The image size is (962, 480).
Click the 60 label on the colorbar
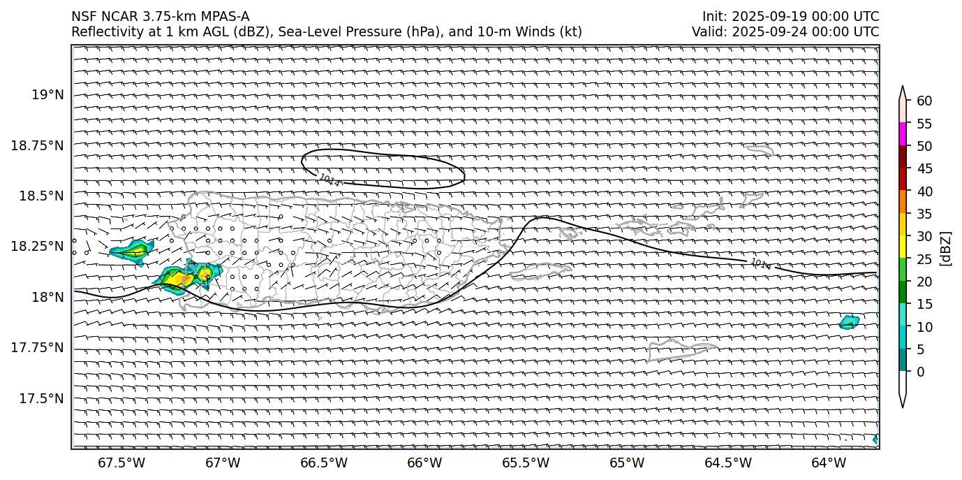click(x=924, y=101)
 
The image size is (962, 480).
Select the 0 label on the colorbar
click(x=921, y=372)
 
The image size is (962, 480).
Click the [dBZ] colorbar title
click(x=947, y=248)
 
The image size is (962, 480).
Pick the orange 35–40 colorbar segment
click(x=903, y=202)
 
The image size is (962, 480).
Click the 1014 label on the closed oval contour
click(x=330, y=181)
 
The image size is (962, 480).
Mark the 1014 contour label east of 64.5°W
click(x=761, y=264)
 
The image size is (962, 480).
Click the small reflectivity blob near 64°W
click(x=849, y=322)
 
